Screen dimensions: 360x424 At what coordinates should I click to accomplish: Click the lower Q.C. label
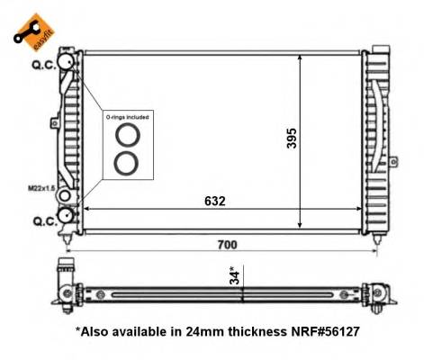pos(42,219)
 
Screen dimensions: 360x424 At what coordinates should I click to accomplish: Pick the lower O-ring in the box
pos(126,164)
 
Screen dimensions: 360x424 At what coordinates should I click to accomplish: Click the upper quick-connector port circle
pos(66,61)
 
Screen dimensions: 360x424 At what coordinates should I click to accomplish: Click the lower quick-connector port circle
pos(66,216)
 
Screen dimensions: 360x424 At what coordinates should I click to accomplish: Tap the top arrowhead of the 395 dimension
pos(301,56)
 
